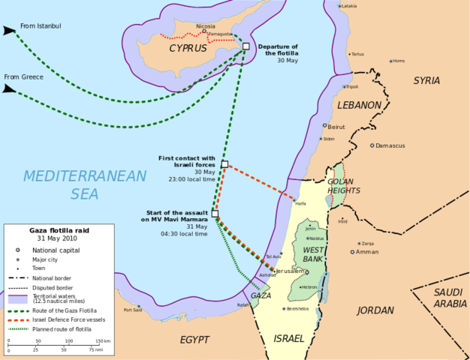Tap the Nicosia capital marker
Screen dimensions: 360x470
[x=204, y=31]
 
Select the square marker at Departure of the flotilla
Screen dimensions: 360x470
[x=246, y=46]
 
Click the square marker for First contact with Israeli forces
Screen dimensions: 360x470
[x=224, y=164]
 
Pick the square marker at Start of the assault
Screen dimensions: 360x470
[x=215, y=214]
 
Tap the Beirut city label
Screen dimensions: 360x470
[x=336, y=127]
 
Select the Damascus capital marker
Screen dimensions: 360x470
[x=372, y=145]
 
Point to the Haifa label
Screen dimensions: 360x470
[x=301, y=203]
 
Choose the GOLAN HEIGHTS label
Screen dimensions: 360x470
[x=344, y=186]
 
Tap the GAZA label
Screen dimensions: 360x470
[x=261, y=295]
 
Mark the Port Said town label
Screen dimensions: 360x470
[x=133, y=309]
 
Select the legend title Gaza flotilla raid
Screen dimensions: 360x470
[x=54, y=231]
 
